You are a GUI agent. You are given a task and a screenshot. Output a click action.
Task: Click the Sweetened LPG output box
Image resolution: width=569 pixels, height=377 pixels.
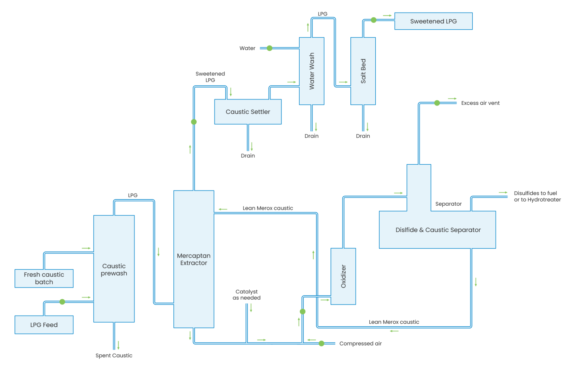[433, 21]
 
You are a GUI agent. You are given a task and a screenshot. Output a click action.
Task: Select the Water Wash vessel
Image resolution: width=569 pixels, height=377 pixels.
[312, 71]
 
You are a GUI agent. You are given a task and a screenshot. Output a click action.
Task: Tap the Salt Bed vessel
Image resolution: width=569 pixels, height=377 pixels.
[363, 71]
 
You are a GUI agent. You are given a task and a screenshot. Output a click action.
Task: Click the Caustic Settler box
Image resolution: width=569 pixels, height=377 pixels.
[248, 112]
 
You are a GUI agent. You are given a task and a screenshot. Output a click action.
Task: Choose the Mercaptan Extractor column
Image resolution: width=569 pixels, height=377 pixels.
[194, 259]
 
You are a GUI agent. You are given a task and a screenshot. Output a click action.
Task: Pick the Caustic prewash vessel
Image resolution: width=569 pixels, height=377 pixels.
[114, 269]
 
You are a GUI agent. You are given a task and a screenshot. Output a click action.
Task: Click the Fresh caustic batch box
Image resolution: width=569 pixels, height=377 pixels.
[44, 278]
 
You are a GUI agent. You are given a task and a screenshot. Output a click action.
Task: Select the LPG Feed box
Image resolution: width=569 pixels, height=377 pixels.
[44, 325]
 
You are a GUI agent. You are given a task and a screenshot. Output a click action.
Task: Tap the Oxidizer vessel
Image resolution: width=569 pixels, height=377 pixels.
[343, 276]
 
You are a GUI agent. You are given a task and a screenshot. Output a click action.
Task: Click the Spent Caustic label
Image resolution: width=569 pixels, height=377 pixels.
[114, 356]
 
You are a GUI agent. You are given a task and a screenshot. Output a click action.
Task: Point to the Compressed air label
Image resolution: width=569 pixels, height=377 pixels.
[360, 344]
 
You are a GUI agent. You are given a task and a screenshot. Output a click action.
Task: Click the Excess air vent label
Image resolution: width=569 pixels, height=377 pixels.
[480, 103]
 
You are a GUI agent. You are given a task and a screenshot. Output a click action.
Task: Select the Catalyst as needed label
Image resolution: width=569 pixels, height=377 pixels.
[246, 295]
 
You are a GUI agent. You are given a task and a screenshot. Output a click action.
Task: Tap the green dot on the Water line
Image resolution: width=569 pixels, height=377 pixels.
[270, 48]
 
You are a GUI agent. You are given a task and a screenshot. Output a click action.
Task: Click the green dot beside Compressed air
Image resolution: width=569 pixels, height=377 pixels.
[322, 344]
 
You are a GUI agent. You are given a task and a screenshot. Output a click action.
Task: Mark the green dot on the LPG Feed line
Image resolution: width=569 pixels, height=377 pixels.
[62, 302]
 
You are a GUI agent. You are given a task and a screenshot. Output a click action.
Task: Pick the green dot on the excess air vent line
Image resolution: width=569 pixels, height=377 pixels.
[437, 103]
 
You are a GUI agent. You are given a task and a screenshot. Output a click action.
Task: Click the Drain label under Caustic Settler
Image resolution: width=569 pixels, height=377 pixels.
[248, 156]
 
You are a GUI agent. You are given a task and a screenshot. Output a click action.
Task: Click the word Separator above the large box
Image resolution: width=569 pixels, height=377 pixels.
[448, 204]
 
